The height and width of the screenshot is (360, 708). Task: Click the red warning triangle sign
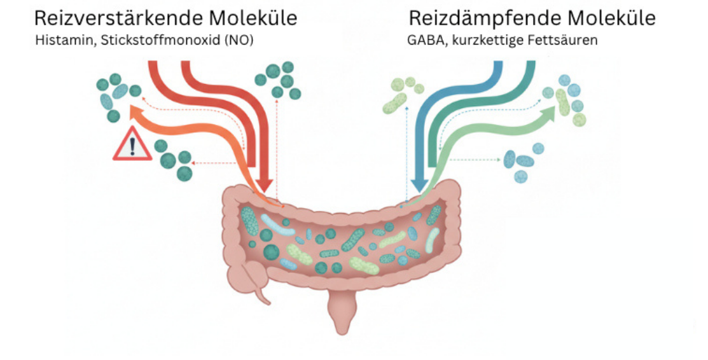pos(132,145)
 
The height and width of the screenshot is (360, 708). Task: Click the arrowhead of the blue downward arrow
pos(419,184)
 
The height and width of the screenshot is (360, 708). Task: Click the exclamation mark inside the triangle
pos(132,147)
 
